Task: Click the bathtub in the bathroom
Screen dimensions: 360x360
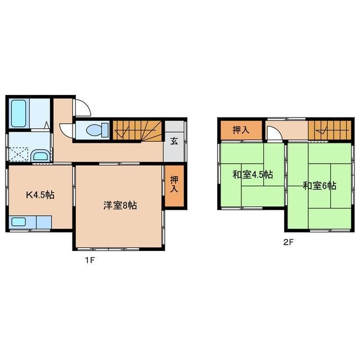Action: coord(20,114)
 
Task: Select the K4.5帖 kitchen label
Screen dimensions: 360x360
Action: coord(40,196)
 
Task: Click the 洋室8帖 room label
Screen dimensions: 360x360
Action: coord(119,205)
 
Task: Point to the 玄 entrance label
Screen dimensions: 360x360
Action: coord(174,141)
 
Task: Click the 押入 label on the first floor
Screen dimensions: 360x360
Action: coord(174,184)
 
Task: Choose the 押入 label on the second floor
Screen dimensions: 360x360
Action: coord(241,130)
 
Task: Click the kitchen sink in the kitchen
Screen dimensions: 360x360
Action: coord(19,222)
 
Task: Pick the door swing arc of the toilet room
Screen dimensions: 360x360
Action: coord(66,129)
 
